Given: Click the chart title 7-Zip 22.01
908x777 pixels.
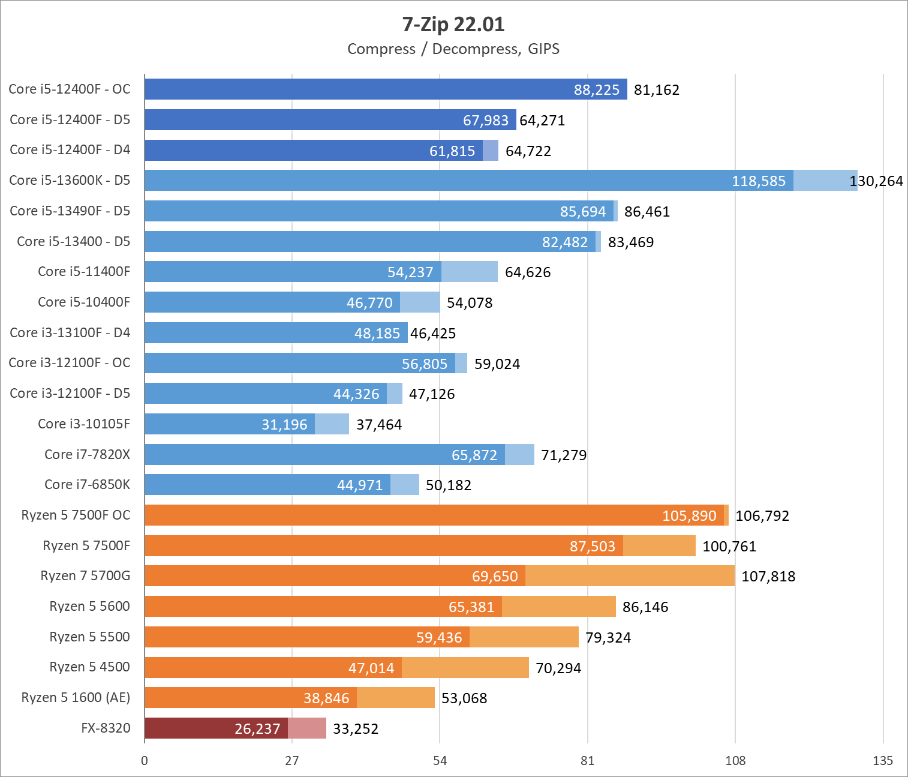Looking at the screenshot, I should (x=453, y=25).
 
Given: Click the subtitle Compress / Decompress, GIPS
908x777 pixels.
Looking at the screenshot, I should (x=453, y=49).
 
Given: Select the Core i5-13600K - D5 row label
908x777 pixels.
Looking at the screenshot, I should (x=70, y=181).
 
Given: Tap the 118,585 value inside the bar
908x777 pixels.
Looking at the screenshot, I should (x=758, y=181).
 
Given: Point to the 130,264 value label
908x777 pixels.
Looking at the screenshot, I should (x=876, y=181).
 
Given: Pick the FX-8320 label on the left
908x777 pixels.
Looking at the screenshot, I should (x=106, y=728).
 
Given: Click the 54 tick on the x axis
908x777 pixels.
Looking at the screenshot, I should (x=440, y=761).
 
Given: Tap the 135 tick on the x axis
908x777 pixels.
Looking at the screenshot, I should (x=883, y=761).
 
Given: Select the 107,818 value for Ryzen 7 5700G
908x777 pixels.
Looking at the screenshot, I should (x=768, y=577).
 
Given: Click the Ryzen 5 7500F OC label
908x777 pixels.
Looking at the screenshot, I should (x=76, y=515).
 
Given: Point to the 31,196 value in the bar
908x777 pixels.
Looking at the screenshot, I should (x=284, y=425).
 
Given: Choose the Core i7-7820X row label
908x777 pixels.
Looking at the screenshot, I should (x=87, y=454).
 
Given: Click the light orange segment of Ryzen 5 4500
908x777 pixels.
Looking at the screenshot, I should (x=465, y=667).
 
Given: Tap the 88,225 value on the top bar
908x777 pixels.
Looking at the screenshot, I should (x=596, y=90).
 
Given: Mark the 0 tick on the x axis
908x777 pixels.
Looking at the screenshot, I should (x=145, y=761).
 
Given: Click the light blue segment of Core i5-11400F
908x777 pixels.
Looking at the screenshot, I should (x=470, y=271).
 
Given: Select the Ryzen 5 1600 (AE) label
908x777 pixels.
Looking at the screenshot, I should (x=76, y=698).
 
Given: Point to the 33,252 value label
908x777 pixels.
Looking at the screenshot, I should (x=356, y=729).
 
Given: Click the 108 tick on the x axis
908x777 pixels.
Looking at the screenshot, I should (x=735, y=761).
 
